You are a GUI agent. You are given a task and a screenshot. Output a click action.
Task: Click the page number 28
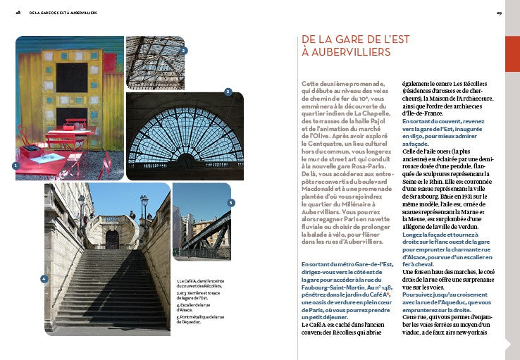coord(18,13)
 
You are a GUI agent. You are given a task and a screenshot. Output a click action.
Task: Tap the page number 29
coord(499,13)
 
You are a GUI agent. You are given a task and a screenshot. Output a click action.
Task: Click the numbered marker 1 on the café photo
coord(16,166)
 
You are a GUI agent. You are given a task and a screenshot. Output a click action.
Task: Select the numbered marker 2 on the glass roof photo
coord(183,51)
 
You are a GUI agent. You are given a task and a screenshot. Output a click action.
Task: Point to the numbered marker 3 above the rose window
coord(228,92)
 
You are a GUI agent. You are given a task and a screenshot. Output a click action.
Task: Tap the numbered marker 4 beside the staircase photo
coord(44,279)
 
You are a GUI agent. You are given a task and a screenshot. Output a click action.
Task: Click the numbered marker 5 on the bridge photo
coord(230,203)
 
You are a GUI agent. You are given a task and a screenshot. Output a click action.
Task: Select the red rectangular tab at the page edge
coord(512,53)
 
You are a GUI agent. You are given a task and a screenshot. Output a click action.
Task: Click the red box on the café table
coord(31,151)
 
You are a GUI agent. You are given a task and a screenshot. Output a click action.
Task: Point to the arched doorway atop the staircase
coord(112,238)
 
